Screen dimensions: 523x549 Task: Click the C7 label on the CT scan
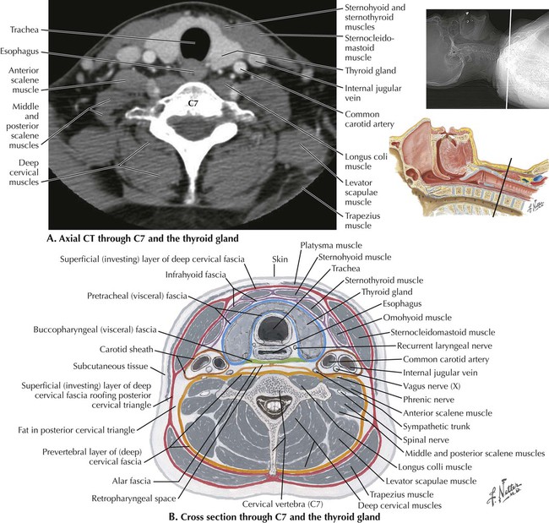(193, 103)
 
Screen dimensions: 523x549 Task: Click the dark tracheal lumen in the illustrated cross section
(274, 327)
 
